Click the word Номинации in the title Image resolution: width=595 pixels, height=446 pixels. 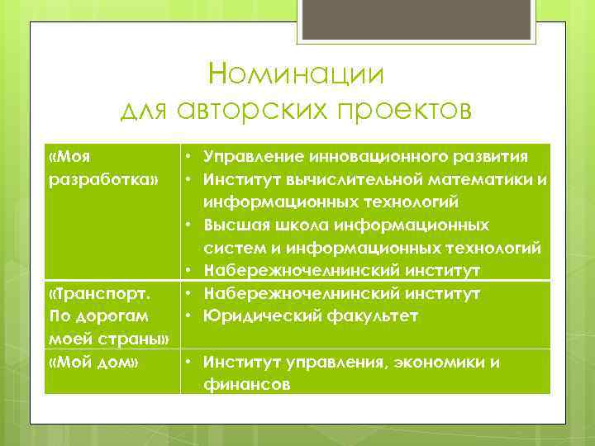297,74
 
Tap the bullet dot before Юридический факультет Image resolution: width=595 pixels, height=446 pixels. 190,316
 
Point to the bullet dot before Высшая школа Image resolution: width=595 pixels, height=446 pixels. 190,225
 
